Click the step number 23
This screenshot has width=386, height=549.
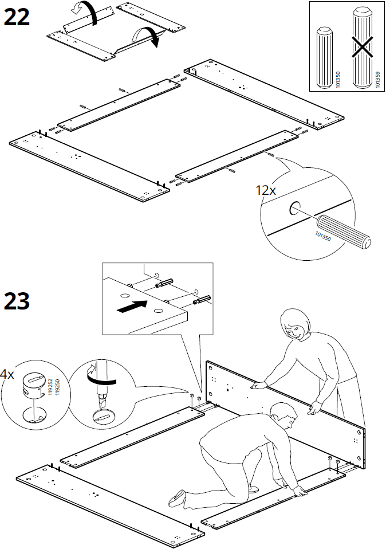coord(17,300)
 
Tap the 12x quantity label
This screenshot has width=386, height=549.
coord(265,190)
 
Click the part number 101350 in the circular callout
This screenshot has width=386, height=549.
coord(324,235)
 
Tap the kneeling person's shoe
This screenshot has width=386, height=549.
coord(177,499)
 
